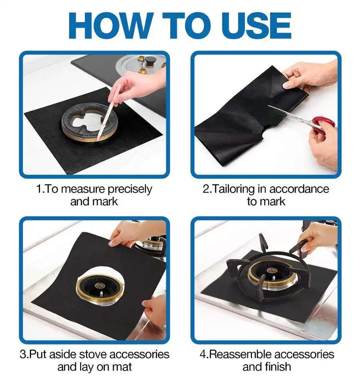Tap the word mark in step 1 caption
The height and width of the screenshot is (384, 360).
tap(105, 201)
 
